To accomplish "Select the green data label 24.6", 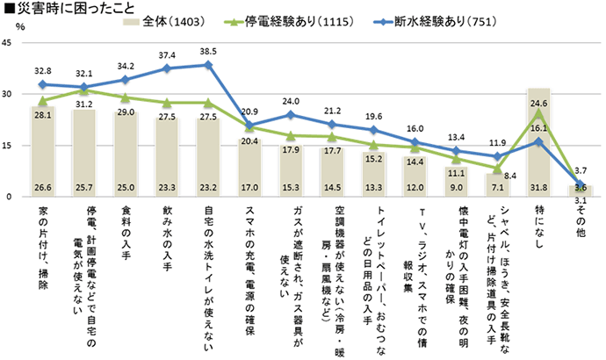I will pos(542,102).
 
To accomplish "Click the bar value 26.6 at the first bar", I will pos(42,186).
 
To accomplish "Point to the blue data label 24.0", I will pos(291,101).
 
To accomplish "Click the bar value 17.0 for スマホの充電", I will pos(249,186).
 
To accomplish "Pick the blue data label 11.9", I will pos(499,142).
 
